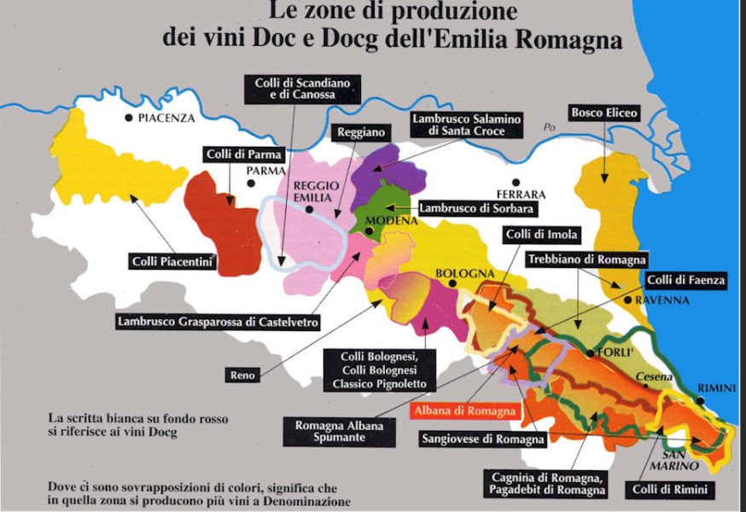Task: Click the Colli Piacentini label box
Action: point(172,261)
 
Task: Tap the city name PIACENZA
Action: point(166,118)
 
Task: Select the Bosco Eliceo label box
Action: point(603,112)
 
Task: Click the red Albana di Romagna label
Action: point(465,410)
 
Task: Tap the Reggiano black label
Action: point(363,133)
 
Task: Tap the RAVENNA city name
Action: point(661,300)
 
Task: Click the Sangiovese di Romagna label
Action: point(483,439)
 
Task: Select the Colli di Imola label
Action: point(542,235)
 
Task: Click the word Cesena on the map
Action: point(653,377)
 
